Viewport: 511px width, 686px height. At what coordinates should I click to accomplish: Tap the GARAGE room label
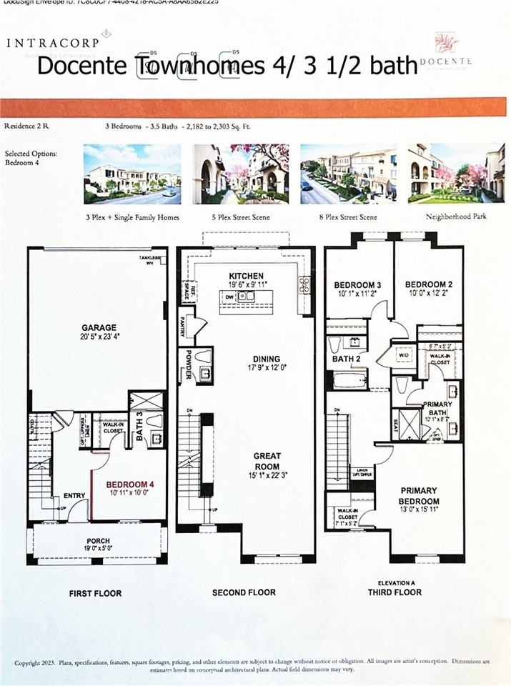[99, 328]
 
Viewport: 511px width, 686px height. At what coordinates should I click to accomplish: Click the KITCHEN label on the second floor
[246, 276]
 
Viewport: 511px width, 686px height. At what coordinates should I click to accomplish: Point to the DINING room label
[245, 359]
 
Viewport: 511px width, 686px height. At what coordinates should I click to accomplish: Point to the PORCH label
[98, 540]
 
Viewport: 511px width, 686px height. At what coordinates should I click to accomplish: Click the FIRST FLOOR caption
[95, 593]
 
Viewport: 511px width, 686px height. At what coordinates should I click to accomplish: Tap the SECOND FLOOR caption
[244, 593]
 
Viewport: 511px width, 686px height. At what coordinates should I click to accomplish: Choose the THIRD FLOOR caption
[395, 592]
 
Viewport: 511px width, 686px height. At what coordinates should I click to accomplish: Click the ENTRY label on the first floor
[74, 495]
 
